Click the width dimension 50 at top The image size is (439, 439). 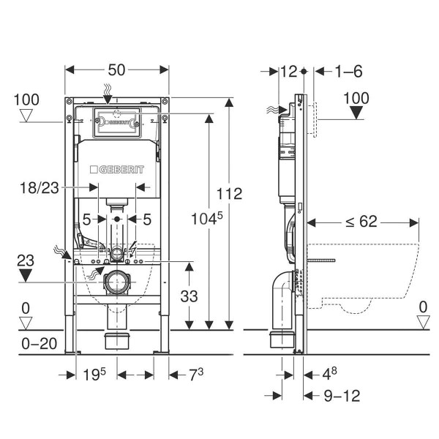(x=117, y=70)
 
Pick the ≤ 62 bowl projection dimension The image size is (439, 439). (x=362, y=220)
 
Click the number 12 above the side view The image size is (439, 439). (x=288, y=71)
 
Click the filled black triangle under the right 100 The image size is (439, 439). (x=356, y=112)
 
